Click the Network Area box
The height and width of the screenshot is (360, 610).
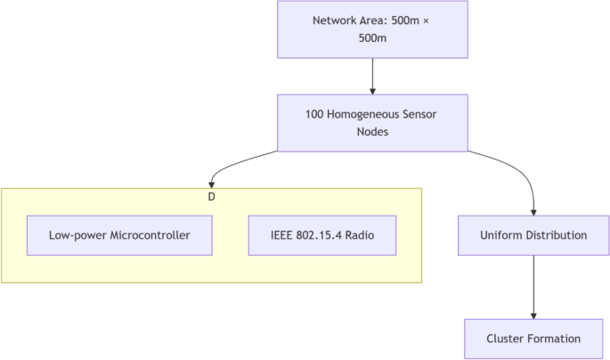[371, 29]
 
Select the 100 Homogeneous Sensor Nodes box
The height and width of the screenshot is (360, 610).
[371, 123]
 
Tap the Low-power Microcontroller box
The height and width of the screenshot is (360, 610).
[119, 235]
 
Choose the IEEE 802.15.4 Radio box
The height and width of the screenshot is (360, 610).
[321, 235]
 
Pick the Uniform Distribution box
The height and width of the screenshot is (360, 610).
[533, 235]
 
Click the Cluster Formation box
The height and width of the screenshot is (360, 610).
[533, 339]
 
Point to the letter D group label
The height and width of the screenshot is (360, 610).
[211, 196]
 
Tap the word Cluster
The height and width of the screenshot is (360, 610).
[507, 339]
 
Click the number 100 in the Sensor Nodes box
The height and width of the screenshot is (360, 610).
[315, 114]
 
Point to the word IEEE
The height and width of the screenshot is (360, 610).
[282, 235]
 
